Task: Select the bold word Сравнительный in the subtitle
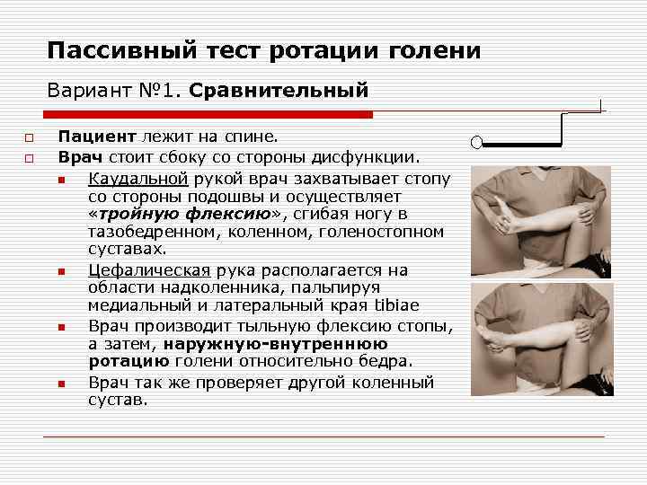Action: point(279,91)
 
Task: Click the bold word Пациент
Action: point(96,137)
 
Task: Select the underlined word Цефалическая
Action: point(149,270)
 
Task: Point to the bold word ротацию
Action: point(129,361)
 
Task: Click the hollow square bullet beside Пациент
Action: point(29,138)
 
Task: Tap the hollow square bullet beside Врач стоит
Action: point(29,158)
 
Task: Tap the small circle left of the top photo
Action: point(477,142)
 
